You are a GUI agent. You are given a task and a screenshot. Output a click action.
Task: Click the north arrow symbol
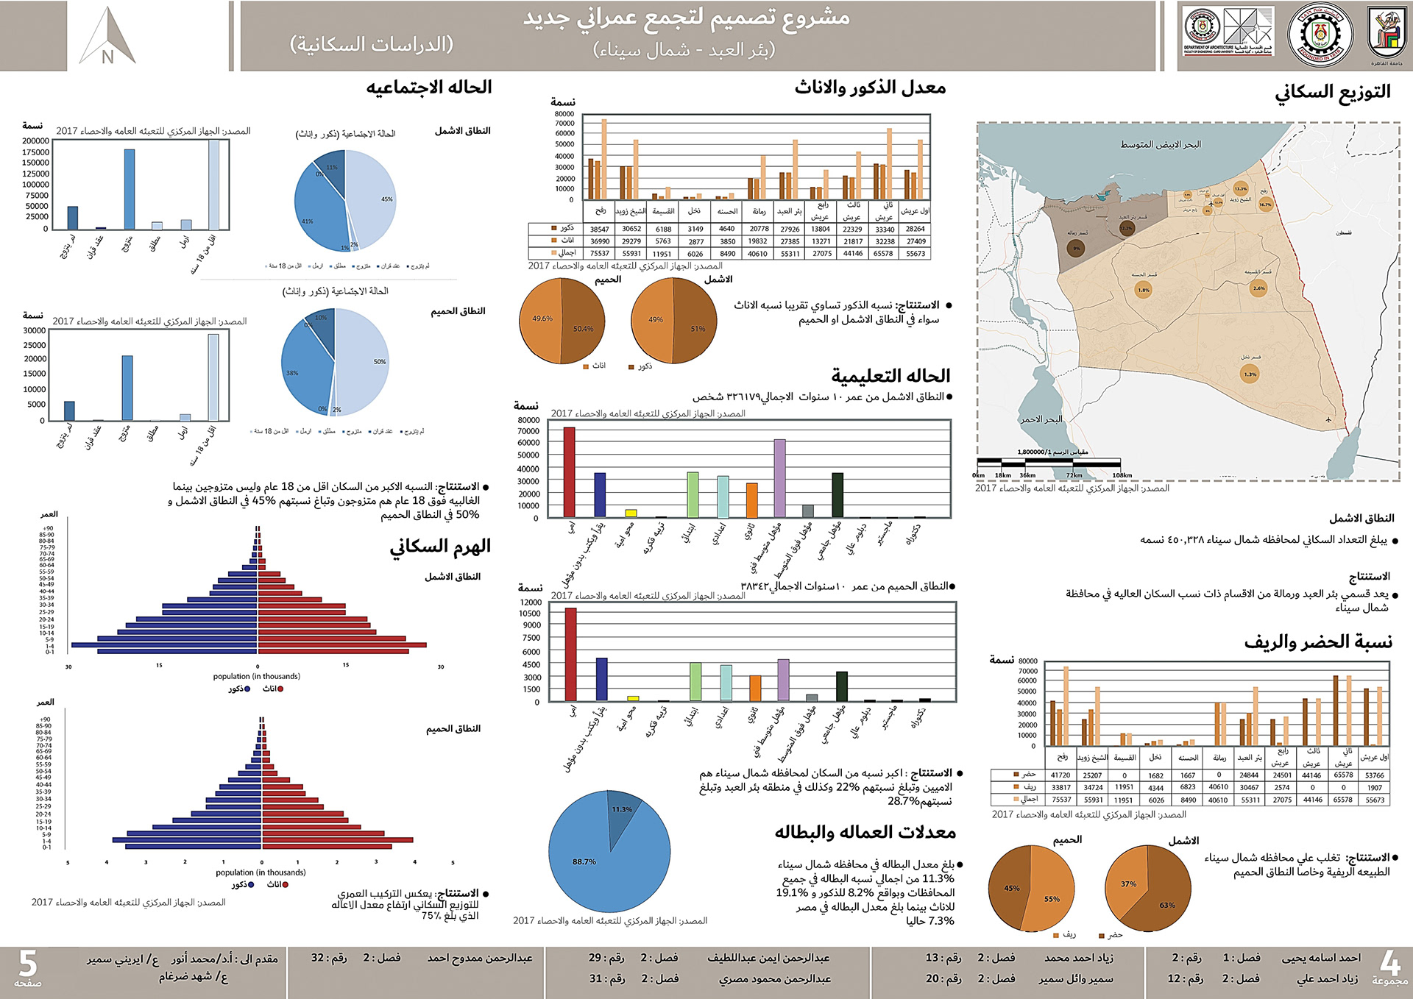coord(107,37)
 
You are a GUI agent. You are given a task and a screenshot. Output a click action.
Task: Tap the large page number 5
coord(28,964)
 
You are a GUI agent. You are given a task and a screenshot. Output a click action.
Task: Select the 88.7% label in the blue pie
coord(584,861)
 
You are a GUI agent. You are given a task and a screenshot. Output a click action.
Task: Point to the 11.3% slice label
coord(622,809)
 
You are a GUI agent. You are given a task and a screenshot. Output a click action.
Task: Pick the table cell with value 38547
coord(600,229)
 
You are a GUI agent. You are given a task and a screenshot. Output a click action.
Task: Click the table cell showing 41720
coord(1060,775)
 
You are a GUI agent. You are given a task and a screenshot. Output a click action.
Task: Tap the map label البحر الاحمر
coord(1041,419)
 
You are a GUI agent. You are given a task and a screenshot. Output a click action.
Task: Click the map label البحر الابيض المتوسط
coord(1160,144)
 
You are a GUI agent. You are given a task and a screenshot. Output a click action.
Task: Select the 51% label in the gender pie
coord(698,329)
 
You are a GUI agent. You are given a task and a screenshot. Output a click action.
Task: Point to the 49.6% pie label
coord(542,319)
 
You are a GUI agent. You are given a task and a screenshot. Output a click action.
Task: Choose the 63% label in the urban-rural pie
coord(1167,905)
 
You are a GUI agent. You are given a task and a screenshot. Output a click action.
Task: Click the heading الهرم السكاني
coord(439,546)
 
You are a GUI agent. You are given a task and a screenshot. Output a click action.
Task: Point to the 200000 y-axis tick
coord(35,141)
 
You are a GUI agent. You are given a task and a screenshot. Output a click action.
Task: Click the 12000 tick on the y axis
coord(530,602)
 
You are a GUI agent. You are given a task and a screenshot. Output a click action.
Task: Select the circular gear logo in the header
coord(1319,35)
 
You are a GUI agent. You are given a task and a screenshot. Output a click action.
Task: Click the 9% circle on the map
coord(1076,249)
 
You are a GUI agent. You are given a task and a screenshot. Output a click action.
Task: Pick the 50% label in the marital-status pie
coord(379,362)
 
